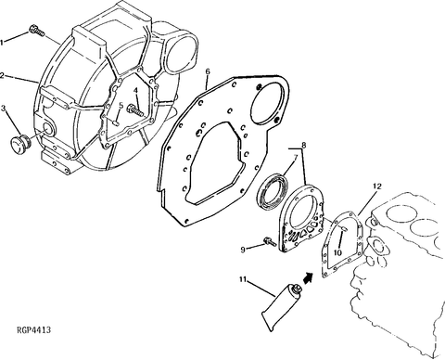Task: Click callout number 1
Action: tap(2, 43)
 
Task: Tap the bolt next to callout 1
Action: tap(37, 31)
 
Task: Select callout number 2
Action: tap(2, 75)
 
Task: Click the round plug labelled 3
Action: tap(20, 143)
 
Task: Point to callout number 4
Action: tap(135, 90)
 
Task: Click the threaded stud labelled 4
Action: tap(135, 110)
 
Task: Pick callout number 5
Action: tap(121, 106)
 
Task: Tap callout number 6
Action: tap(208, 71)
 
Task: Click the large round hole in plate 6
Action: tap(268, 104)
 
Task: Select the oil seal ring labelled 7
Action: tap(273, 192)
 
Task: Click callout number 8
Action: tap(304, 144)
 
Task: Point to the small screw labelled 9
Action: tap(270, 241)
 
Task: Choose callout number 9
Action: tap(243, 250)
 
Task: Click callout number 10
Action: tap(337, 252)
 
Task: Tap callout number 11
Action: tap(243, 279)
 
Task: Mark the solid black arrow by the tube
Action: tap(307, 277)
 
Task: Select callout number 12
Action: tap(377, 186)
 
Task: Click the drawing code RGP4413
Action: tap(33, 330)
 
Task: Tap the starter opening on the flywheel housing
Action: tap(181, 51)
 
